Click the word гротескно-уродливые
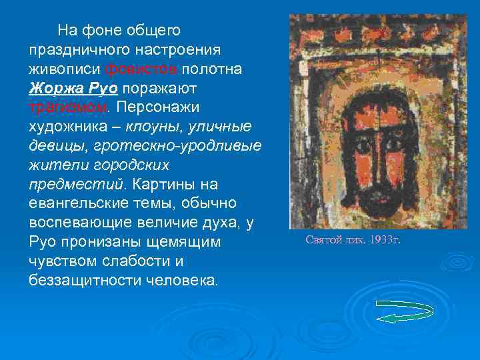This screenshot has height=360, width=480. click(x=177, y=145)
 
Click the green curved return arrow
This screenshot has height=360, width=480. click(x=405, y=311)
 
